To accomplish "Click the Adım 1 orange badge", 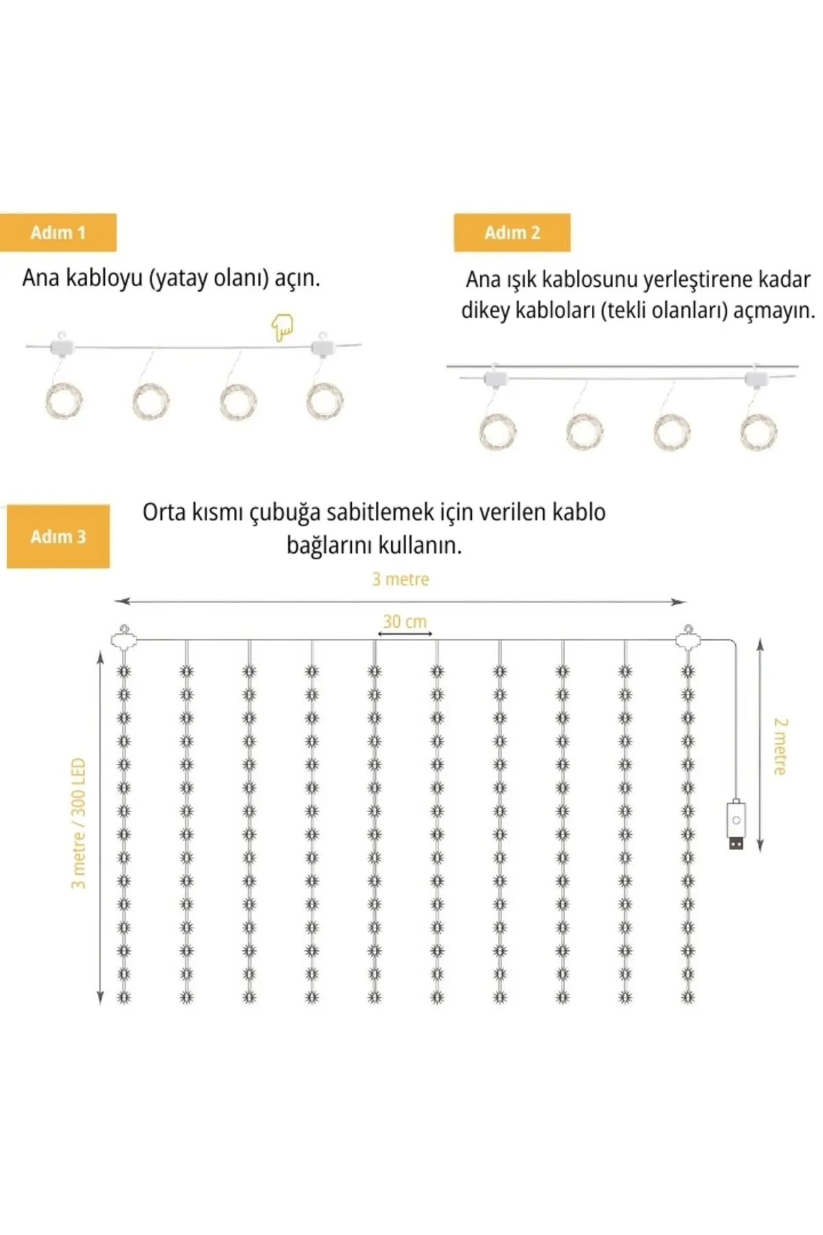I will (x=58, y=233).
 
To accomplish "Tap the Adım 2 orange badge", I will (x=512, y=233).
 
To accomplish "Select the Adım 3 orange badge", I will (x=58, y=537).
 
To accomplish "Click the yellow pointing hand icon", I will (x=282, y=327).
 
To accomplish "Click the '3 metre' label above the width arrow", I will (x=401, y=580).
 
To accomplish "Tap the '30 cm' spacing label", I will (x=405, y=622).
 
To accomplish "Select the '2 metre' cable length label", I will (x=780, y=746).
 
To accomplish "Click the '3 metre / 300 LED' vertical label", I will (x=78, y=823).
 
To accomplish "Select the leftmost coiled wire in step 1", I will (x=64, y=401).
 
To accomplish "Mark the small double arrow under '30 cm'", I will (x=405, y=634).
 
